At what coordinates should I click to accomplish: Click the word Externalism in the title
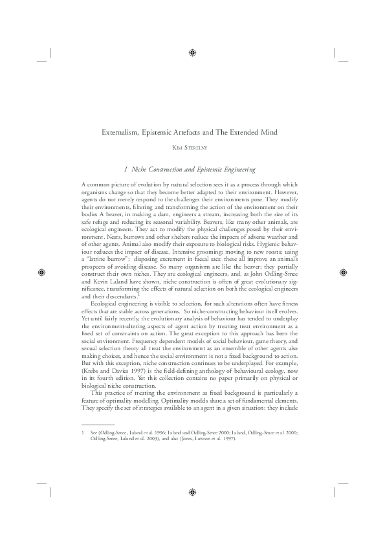(122, 133)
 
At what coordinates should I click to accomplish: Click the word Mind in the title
(267, 133)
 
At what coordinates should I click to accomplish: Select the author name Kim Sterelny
(192, 148)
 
